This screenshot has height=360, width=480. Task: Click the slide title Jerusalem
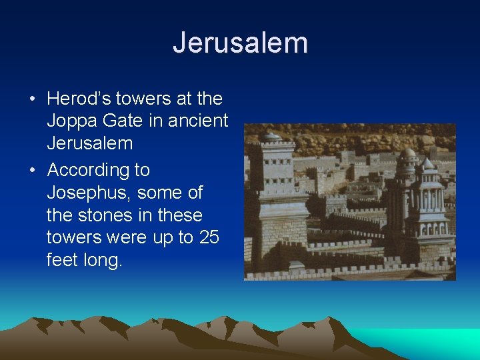point(240,43)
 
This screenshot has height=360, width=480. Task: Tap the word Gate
point(125,121)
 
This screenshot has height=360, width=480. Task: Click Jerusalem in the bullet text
point(89,143)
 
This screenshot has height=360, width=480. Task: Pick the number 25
point(209,237)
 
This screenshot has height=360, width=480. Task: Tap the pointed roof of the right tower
point(427,163)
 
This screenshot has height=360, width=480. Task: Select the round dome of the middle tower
point(407,153)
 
